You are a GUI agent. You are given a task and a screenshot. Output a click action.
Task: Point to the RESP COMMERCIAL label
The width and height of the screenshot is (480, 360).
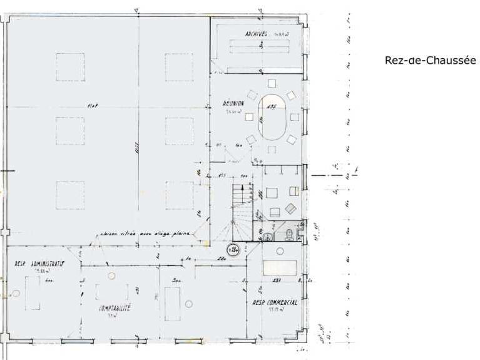274,302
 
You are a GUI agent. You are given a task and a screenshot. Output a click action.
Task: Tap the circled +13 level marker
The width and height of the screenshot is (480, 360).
234,249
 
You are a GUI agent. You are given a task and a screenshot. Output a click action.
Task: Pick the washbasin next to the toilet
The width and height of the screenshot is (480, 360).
267,236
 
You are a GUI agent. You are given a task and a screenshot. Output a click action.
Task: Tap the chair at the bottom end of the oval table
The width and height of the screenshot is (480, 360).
272,148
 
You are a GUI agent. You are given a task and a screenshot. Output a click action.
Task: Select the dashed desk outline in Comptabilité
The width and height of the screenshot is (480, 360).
104,292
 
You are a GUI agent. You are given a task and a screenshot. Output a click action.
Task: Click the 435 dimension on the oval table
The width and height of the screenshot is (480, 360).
272,107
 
